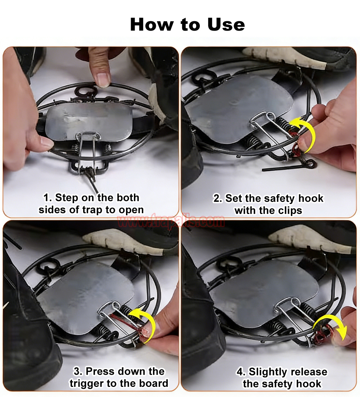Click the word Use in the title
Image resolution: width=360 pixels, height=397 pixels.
coord(226,24)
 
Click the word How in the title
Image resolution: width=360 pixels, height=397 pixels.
coord(152,24)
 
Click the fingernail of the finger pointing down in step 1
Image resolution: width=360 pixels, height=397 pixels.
coord(103,80)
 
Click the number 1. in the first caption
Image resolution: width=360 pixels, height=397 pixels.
coord(48,198)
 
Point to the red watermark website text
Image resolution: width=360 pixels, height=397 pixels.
coord(171,221)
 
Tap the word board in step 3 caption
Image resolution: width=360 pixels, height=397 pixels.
coord(154,383)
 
